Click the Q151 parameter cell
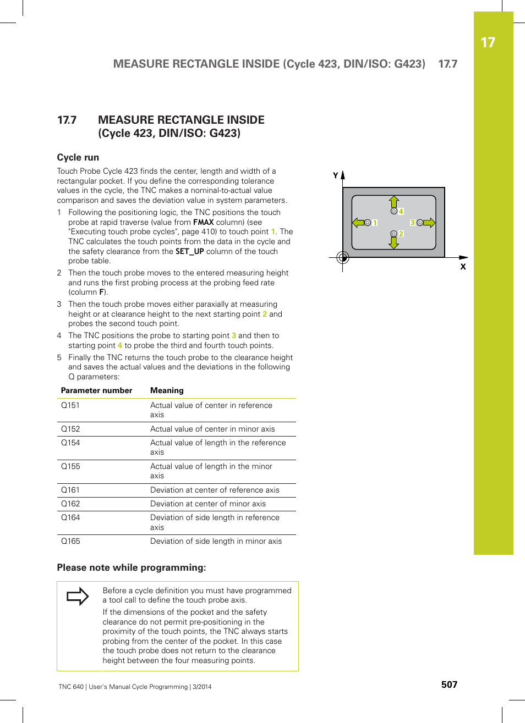(70, 405)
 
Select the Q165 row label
(70, 541)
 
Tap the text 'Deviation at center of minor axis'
(207, 504)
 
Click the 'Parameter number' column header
(96, 390)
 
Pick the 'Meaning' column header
(167, 390)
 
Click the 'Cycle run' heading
(78, 157)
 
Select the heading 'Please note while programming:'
(132, 567)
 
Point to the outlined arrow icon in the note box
(78, 596)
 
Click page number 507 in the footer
(449, 685)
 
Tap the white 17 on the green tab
(488, 43)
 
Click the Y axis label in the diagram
(335, 175)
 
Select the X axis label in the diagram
(463, 267)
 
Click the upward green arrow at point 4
(393, 201)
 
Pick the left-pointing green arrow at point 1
(358, 223)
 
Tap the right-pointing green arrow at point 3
(429, 223)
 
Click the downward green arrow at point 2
(393, 242)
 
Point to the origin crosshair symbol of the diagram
(342, 257)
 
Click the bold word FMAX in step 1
(203, 222)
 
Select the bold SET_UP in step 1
(189, 251)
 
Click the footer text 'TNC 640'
(71, 687)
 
